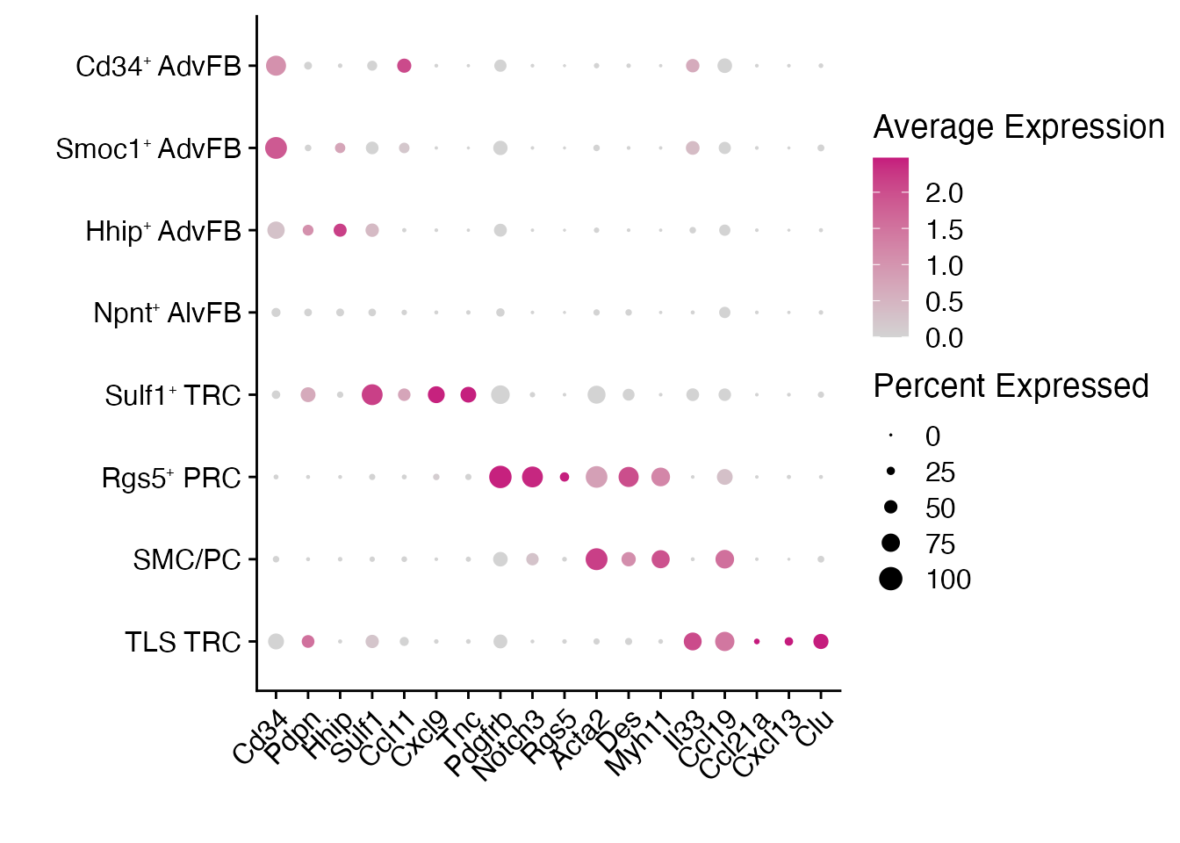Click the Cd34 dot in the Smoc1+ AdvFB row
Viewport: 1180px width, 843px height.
[276, 148]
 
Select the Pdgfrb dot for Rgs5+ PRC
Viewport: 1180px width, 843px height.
[500, 477]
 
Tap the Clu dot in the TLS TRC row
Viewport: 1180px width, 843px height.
[821, 642]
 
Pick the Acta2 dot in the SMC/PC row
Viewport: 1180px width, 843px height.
[596, 559]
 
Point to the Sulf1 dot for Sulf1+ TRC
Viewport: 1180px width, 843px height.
[372, 395]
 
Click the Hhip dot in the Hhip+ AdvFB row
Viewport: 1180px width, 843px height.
[340, 230]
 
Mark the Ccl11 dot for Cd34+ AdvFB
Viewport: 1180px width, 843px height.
[404, 66]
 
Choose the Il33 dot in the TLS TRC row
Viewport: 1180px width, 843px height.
[693, 642]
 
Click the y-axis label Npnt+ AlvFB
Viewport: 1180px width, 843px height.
[167, 313]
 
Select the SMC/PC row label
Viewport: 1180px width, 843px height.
[186, 560]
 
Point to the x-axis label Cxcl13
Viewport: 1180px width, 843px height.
[766, 745]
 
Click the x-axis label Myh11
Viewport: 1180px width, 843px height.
[638, 745]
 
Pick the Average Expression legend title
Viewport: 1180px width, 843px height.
[1018, 128]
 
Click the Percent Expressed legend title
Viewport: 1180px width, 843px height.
[1011, 386]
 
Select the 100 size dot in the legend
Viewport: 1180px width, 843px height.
[891, 580]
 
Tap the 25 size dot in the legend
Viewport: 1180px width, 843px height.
[891, 472]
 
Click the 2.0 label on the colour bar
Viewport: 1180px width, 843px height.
[944, 194]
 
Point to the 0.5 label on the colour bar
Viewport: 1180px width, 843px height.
[944, 303]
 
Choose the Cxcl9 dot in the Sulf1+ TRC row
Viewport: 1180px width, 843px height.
[436, 395]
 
